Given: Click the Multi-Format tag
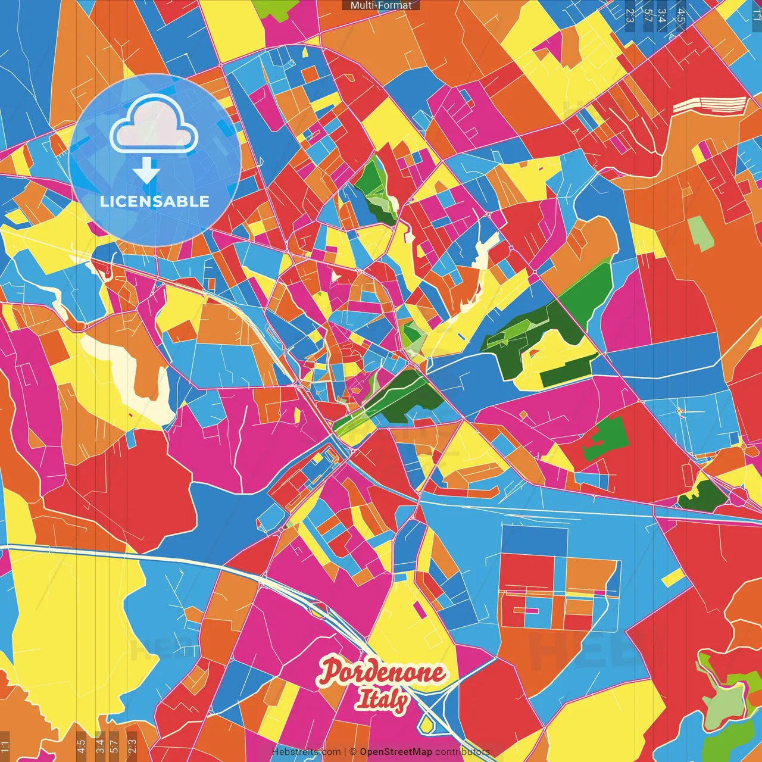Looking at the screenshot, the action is pos(381,5).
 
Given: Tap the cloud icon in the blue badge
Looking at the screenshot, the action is pos(154,124).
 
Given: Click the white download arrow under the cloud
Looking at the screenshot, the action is pos(146,171).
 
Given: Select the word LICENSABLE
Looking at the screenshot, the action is pos(155,201).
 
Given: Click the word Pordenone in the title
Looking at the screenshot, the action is pos(382,673).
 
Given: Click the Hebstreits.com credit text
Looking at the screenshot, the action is pos(306,752).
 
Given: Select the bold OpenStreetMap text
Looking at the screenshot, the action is pos(396,752).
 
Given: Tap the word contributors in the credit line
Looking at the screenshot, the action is pos(462,752).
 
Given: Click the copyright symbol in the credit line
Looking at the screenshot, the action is pos(353,752).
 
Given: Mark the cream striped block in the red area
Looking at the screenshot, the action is pos(710,105).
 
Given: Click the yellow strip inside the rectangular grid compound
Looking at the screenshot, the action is pos(560,594).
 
